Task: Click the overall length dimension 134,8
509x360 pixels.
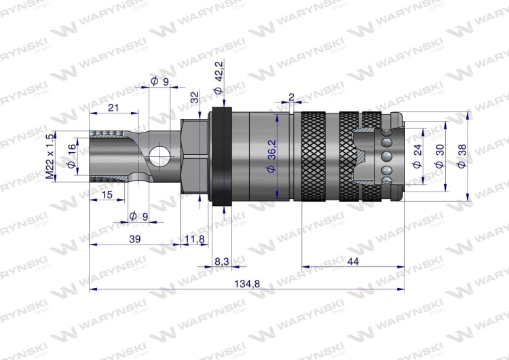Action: click(x=247, y=284)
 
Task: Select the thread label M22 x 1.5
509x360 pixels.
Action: click(x=50, y=156)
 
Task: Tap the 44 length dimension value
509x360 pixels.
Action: click(x=353, y=262)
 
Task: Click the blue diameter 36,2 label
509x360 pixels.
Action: click(x=271, y=156)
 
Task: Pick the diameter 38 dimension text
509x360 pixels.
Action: click(x=461, y=156)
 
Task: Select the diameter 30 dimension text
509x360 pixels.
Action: click(x=440, y=156)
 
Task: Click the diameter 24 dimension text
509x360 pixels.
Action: click(x=418, y=156)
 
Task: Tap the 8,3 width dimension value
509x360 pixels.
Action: click(x=222, y=262)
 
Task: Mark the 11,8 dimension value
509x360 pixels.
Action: click(x=195, y=240)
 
